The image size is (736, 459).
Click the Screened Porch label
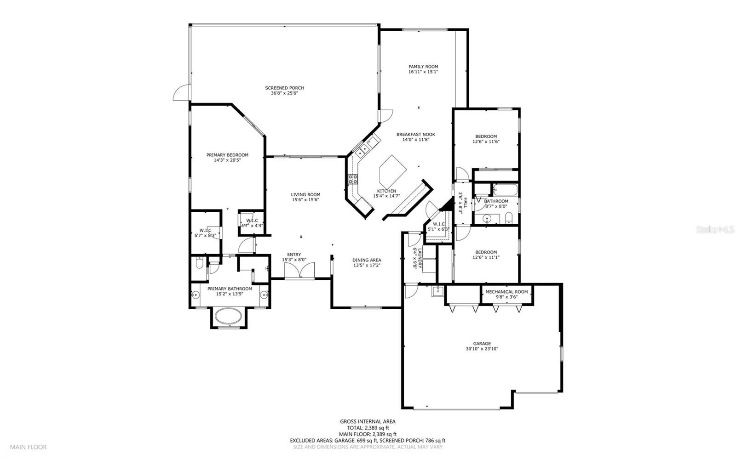[x=285, y=88]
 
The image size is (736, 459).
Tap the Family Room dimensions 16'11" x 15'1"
[x=423, y=72]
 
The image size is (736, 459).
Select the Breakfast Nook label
[x=416, y=134]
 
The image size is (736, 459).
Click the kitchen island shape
[x=393, y=171]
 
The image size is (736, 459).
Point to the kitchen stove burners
[x=353, y=179]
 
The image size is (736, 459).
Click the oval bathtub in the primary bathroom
[x=228, y=316]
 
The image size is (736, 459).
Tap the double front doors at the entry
[x=299, y=271]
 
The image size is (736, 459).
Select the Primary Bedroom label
[x=227, y=155]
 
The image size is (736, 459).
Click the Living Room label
[x=305, y=194]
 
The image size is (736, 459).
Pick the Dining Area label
[x=367, y=260]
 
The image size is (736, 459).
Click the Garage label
[x=482, y=344]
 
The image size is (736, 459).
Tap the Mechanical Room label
[x=506, y=292]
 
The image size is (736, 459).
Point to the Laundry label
[x=419, y=258]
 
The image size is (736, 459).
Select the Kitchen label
[x=386, y=191]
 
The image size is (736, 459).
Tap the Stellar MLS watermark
[x=715, y=229]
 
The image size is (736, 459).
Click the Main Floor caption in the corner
[x=28, y=447]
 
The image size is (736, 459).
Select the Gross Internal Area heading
[x=368, y=422]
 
